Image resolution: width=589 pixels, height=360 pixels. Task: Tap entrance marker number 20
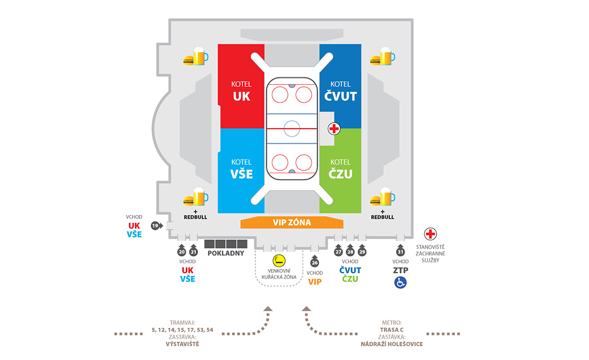pos(182,252)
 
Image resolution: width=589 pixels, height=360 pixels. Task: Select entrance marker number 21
pos(193,252)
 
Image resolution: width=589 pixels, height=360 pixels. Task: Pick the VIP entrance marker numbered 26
pos(315,262)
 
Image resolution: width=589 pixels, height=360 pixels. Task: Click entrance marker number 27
pos(339,252)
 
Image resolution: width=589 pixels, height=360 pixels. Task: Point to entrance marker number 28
pos(350,252)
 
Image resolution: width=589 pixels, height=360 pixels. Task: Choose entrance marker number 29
pos(362,252)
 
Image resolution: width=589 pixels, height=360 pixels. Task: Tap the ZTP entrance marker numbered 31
pos(401,252)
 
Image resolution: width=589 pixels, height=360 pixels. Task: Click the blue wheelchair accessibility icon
pos(401,282)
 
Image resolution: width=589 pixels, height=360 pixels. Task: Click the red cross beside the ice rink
pos(334,129)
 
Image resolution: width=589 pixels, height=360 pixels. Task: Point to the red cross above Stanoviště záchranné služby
pos(431,234)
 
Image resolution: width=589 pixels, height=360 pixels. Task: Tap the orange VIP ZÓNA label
pos(292,222)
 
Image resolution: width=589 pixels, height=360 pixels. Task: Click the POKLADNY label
pos(226,253)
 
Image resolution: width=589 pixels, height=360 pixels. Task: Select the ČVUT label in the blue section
pos(341,96)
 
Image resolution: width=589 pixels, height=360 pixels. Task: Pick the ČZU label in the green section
pos(340,174)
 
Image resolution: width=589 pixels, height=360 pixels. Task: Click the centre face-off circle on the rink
pos(292,129)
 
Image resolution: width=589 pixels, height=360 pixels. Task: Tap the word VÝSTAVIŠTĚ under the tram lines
pos(182,344)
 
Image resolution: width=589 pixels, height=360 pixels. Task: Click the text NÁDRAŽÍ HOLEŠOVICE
pos(392,344)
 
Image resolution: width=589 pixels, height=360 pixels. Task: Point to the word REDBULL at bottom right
pos(383,217)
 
